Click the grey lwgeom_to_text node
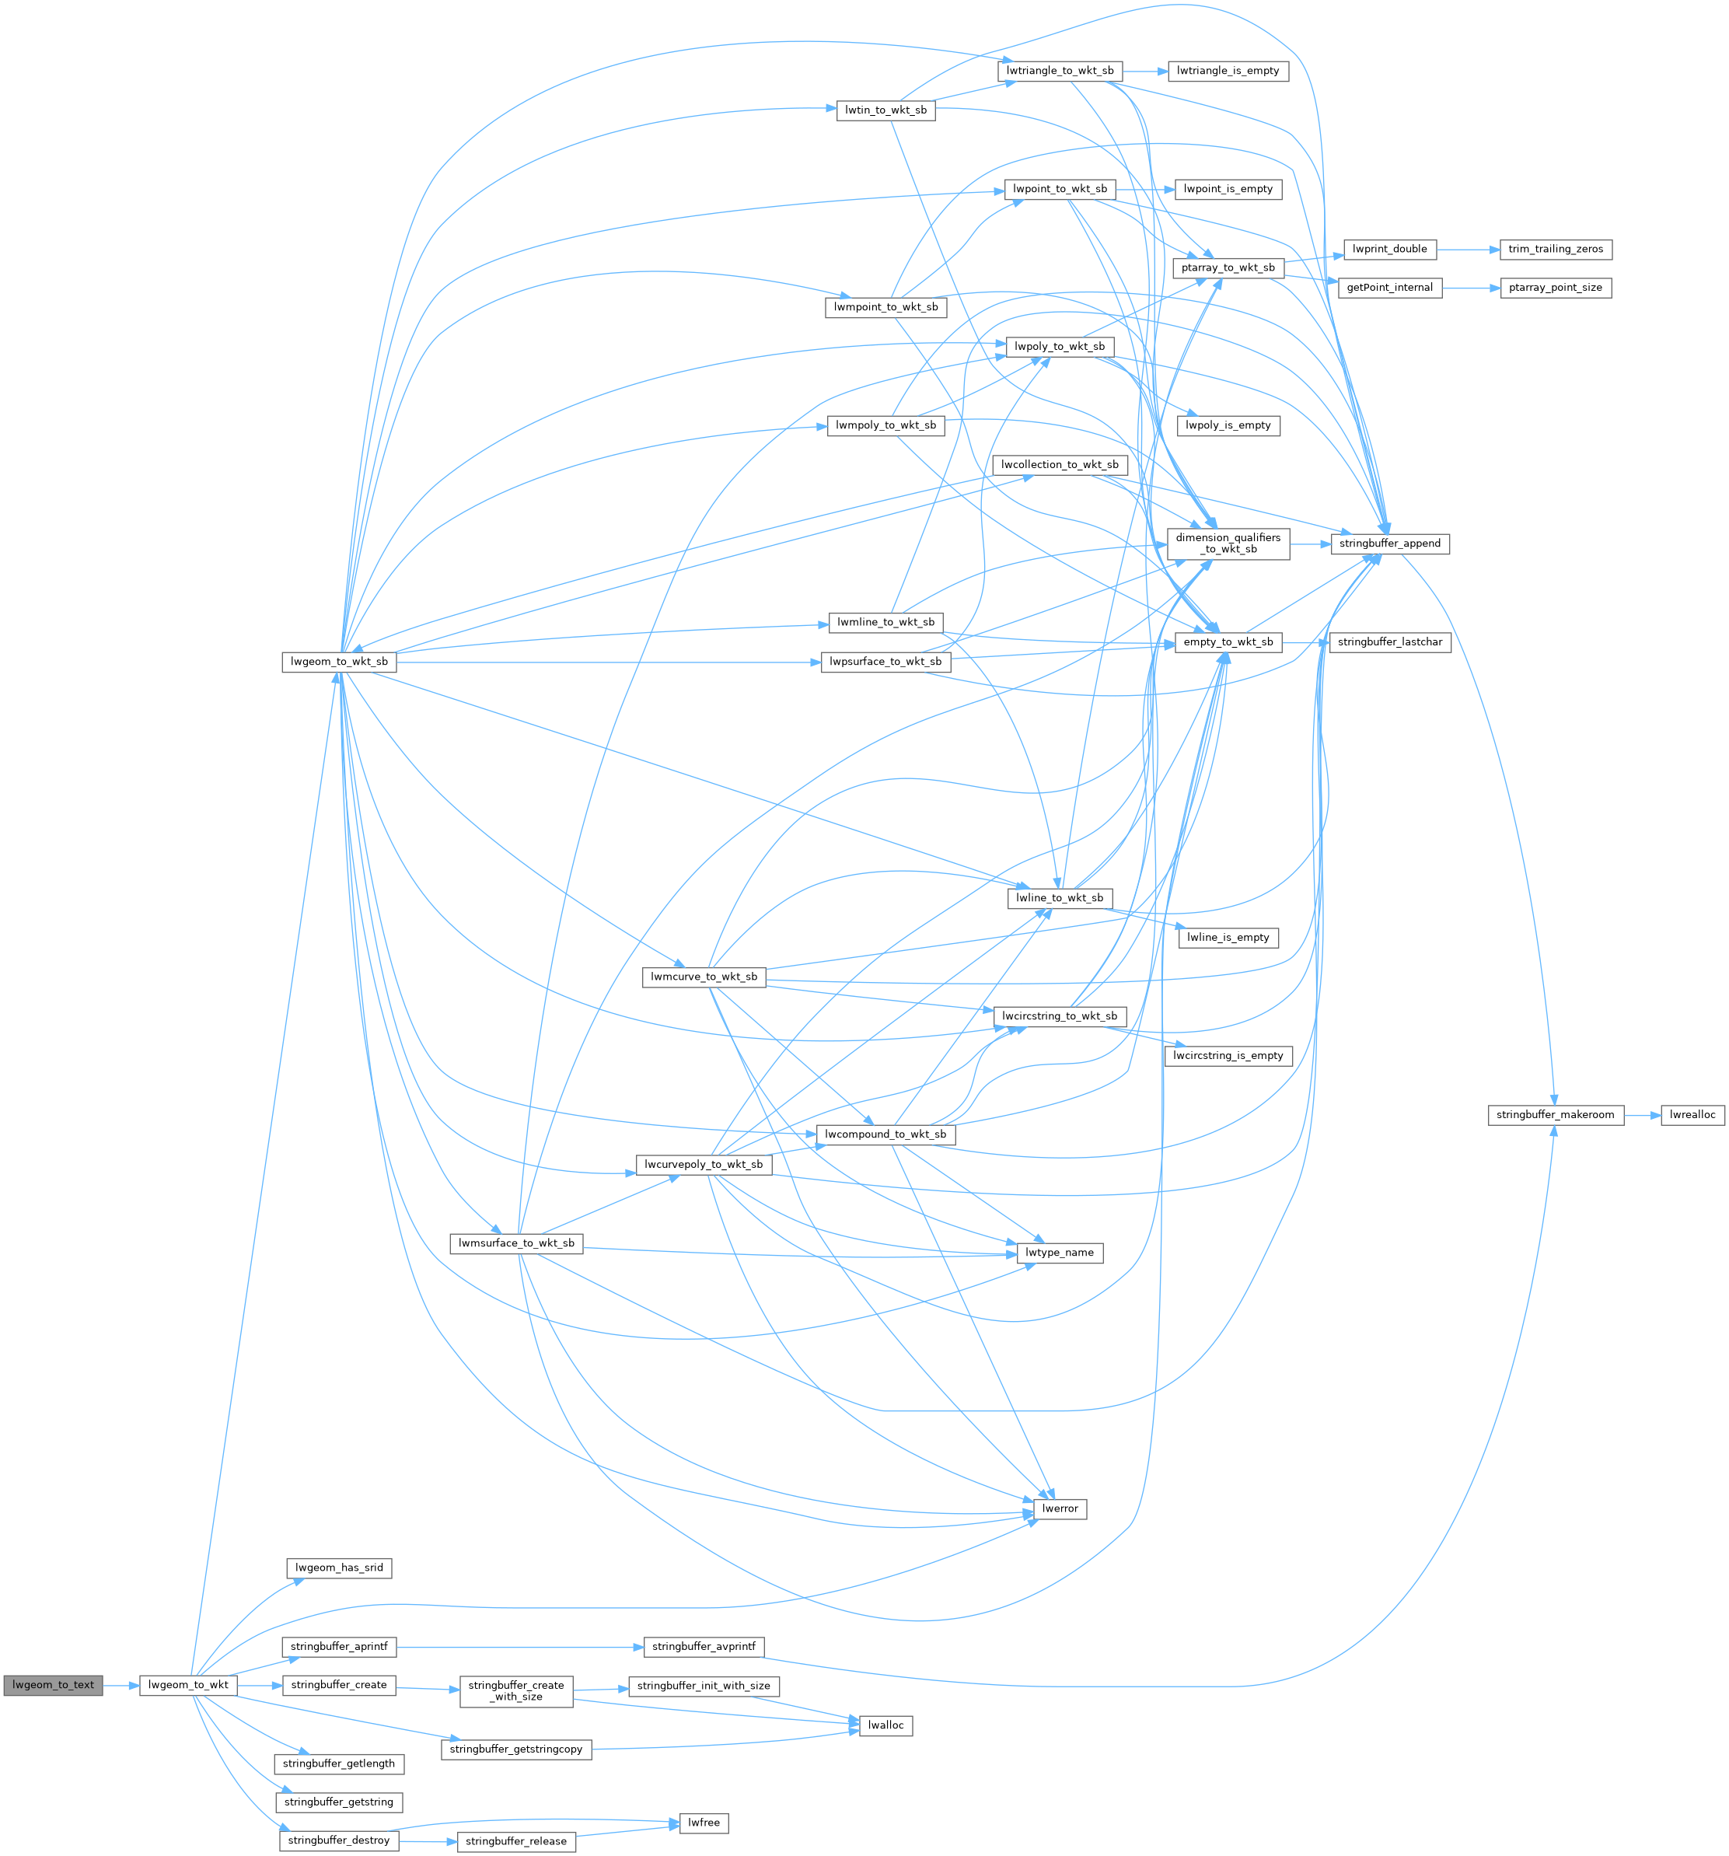click(53, 1685)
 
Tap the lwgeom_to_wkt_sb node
click(339, 662)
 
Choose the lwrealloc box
click(1692, 1115)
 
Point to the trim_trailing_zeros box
click(1556, 250)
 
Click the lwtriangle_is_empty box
click(1228, 71)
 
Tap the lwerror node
click(1060, 1508)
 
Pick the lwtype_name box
click(1059, 1253)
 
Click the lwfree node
click(703, 1823)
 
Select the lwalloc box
click(885, 1725)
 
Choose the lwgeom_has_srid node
click(339, 1568)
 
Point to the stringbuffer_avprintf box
click(703, 1647)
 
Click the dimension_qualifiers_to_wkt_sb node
click(1228, 544)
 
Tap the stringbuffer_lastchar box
click(1389, 642)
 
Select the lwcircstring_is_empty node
click(1228, 1056)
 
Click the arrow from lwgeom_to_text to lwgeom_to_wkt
click(121, 1685)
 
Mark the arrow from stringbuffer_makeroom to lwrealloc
click(1642, 1115)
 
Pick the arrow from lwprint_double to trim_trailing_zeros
click(1468, 250)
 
